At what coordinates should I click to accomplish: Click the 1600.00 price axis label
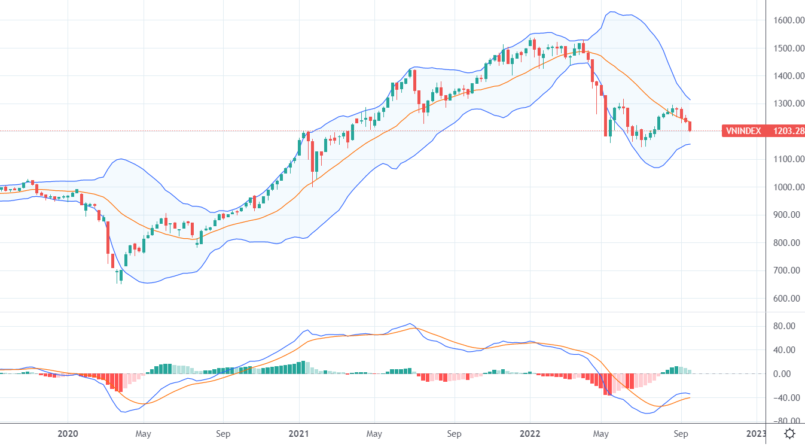(786, 20)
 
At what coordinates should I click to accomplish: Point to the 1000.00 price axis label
(786, 187)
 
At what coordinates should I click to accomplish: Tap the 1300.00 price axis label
(786, 104)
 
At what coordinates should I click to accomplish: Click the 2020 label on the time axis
(68, 433)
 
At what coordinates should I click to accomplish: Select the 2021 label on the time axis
(298, 433)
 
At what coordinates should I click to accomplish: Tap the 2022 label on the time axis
(530, 433)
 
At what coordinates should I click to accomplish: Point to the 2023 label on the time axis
(756, 433)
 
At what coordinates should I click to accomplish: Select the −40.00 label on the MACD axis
(786, 398)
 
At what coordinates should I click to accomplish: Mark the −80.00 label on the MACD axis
(786, 421)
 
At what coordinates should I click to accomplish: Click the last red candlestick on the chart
(690, 126)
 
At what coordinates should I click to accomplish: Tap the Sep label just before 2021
(223, 433)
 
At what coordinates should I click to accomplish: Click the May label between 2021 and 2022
(374, 433)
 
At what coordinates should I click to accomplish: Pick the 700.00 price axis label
(786, 270)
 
